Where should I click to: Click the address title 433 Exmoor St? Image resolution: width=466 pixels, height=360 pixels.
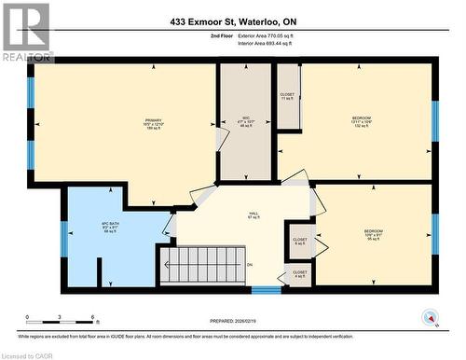pyautogui.click(x=232, y=21)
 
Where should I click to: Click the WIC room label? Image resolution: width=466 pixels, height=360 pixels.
pyautogui.click(x=245, y=124)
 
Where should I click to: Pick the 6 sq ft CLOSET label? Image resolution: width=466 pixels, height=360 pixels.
pyautogui.click(x=299, y=241)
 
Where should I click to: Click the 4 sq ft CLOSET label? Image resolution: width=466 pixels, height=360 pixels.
pyautogui.click(x=299, y=273)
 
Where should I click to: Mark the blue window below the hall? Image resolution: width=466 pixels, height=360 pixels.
pyautogui.click(x=266, y=290)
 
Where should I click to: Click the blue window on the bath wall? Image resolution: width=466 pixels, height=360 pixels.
pyautogui.click(x=63, y=238)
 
